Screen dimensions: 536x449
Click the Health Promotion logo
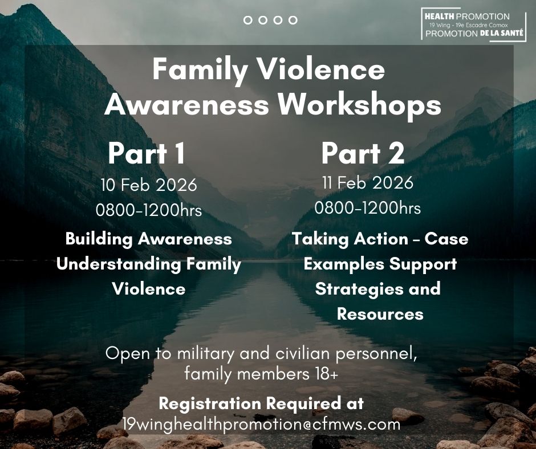(474, 25)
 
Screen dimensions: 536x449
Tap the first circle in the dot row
(248, 20)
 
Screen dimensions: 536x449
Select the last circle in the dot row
(293, 20)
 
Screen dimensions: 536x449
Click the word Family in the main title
(200, 70)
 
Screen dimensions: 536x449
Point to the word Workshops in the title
(359, 104)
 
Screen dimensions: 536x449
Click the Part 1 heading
(147, 153)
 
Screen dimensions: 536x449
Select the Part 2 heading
(363, 153)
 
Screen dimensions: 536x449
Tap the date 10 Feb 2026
(149, 185)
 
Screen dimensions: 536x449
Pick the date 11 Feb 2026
(368, 183)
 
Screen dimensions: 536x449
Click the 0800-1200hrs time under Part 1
(149, 210)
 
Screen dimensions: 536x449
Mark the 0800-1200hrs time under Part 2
(367, 208)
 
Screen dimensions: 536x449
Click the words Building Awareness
(149, 239)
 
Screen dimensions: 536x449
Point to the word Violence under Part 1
(149, 289)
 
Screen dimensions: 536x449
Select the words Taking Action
(350, 239)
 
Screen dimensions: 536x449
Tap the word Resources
(380, 315)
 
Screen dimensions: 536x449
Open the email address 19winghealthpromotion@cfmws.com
(262, 424)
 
